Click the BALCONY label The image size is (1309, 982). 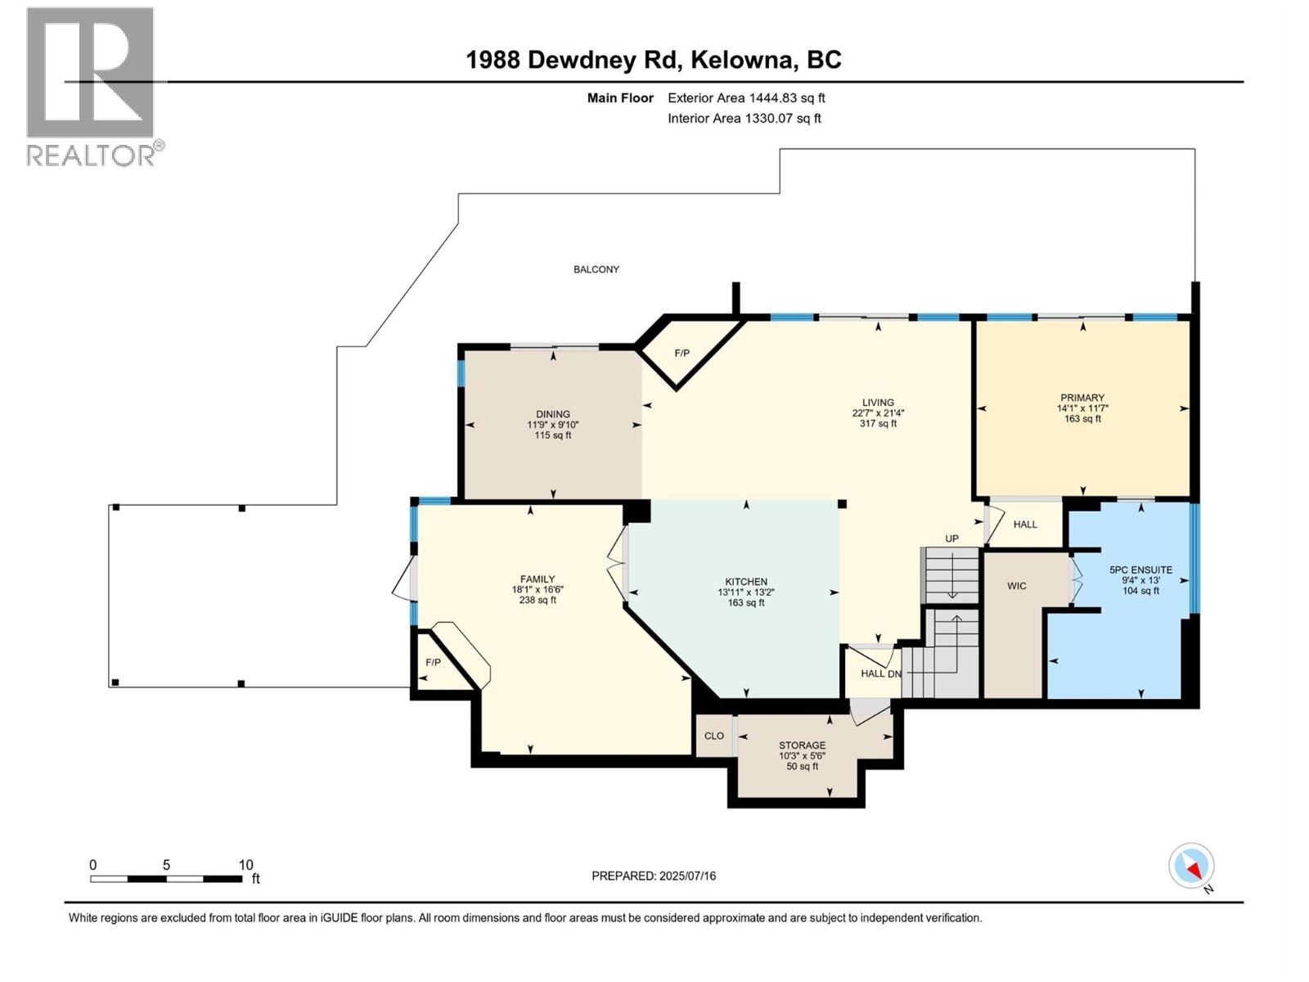click(596, 269)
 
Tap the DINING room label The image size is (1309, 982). click(553, 414)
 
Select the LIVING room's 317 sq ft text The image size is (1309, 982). click(878, 424)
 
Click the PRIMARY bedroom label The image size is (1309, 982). click(1082, 398)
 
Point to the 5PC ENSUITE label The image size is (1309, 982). click(1140, 570)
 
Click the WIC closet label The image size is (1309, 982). click(1016, 586)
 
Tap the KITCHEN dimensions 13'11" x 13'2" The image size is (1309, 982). click(745, 592)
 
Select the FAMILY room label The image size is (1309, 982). click(538, 579)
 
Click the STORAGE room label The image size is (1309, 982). click(802, 746)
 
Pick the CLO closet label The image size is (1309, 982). click(714, 736)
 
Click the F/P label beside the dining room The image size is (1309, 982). click(681, 354)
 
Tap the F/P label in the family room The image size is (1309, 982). click(433, 662)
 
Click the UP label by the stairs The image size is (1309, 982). click(951, 538)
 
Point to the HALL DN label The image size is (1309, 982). click(881, 673)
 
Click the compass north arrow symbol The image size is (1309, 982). click(1191, 866)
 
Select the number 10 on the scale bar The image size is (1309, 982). click(245, 865)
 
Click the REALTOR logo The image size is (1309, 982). click(92, 86)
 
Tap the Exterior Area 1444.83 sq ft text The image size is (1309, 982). click(746, 98)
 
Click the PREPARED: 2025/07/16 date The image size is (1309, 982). click(654, 876)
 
